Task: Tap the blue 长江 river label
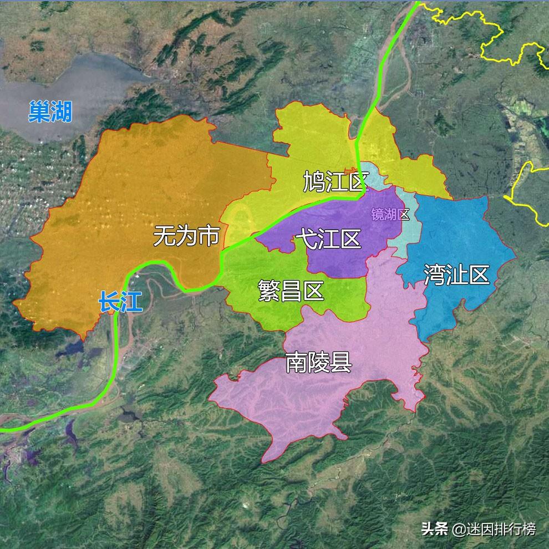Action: (120, 302)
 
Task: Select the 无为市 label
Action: (186, 236)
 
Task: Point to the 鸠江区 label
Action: (336, 181)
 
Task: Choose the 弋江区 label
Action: (328, 240)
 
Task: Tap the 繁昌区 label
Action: (291, 290)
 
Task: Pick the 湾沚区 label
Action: (456, 274)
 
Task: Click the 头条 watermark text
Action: (434, 529)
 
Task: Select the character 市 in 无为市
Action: (209, 236)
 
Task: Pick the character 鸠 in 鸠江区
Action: (314, 181)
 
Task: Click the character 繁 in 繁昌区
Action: (269, 290)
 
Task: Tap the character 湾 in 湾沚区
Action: (435, 274)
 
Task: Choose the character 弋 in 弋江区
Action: (306, 240)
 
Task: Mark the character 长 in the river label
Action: (109, 302)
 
